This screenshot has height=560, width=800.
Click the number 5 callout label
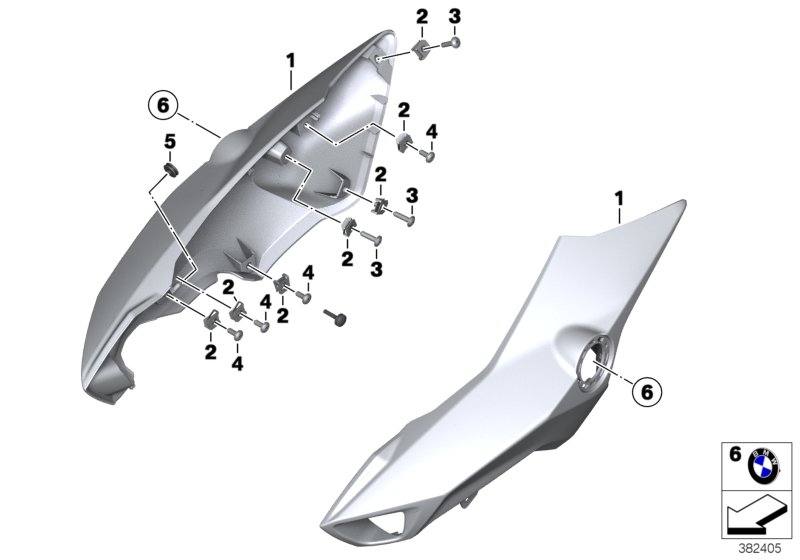(x=169, y=143)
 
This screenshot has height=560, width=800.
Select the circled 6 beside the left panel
(x=163, y=104)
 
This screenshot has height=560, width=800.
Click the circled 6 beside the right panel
(x=646, y=393)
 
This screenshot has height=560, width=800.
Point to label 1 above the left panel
(x=290, y=61)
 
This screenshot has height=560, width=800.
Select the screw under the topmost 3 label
(x=454, y=42)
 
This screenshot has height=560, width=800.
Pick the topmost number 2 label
(x=422, y=16)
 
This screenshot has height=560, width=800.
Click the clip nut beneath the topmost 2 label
(x=421, y=47)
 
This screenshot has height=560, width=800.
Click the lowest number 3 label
(x=376, y=270)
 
